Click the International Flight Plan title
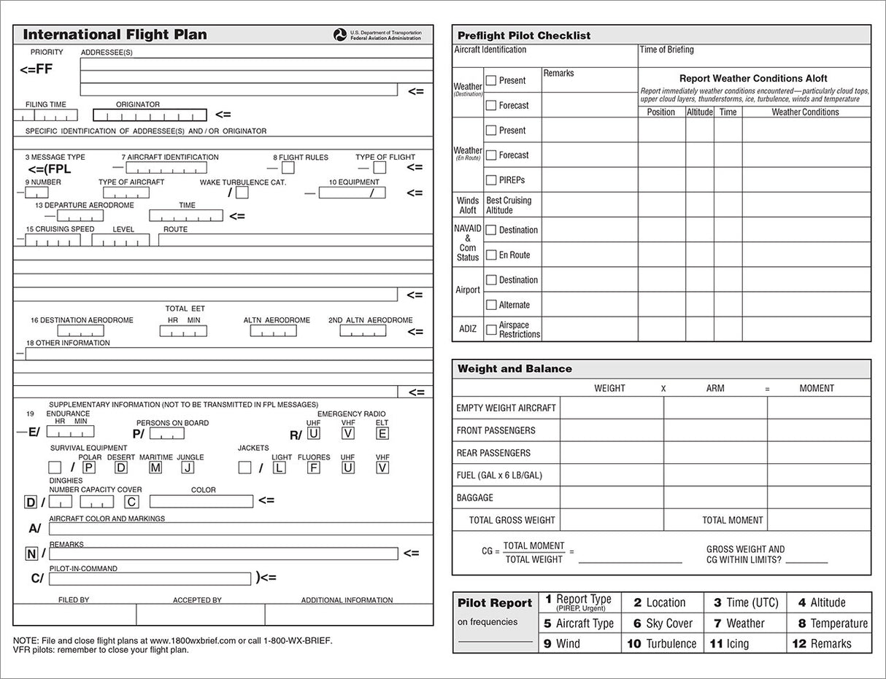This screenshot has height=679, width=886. pyautogui.click(x=115, y=34)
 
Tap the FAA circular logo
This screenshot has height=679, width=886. pyautogui.click(x=340, y=35)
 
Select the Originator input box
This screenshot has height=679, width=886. pyautogui.click(x=150, y=115)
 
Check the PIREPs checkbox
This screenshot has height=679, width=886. pyautogui.click(x=491, y=179)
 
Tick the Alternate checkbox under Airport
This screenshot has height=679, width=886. pyautogui.click(x=491, y=305)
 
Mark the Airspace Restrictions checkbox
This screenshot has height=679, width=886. pyautogui.click(x=491, y=330)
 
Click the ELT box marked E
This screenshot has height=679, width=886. pyautogui.click(x=382, y=433)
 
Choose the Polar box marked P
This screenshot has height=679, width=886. pyautogui.click(x=88, y=467)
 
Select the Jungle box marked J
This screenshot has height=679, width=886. pyautogui.click(x=188, y=467)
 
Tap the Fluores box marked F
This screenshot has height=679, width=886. pyautogui.click(x=313, y=467)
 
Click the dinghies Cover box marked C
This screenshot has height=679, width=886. pyautogui.click(x=131, y=502)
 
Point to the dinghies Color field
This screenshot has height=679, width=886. pyautogui.click(x=201, y=502)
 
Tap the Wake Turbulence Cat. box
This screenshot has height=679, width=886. pyautogui.click(x=242, y=193)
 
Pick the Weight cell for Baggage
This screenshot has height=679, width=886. pyautogui.click(x=612, y=497)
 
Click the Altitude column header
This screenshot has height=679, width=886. pyautogui.click(x=699, y=112)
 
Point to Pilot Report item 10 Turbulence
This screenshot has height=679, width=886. pyautogui.click(x=662, y=643)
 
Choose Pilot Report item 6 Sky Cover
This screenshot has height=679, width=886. pyautogui.click(x=662, y=624)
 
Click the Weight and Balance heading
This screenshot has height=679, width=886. pyautogui.click(x=515, y=369)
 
